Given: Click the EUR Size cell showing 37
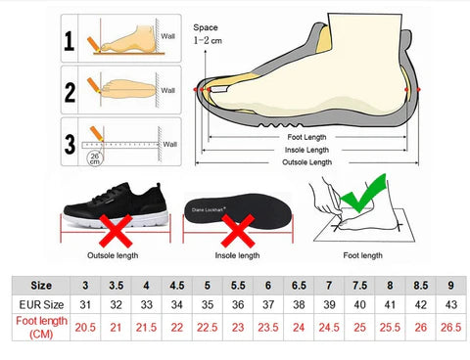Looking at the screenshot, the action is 268,304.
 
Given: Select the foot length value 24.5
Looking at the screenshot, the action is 329,328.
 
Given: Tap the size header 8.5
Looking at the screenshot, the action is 420,286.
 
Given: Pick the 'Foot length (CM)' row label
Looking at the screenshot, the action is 41,328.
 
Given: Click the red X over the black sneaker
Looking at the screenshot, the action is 116,231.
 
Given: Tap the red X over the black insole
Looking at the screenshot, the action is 238,231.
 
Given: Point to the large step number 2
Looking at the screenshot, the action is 70,92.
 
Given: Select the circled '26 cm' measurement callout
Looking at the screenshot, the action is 95,158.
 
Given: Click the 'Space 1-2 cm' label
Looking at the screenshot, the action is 208,34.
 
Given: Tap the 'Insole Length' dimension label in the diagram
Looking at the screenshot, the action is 306,150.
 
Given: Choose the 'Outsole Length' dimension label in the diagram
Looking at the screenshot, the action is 306,162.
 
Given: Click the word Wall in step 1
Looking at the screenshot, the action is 167,36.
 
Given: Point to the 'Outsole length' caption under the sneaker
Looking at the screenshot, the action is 113,255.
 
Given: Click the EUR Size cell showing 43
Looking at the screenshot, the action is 451,304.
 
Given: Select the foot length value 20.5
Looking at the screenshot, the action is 85,328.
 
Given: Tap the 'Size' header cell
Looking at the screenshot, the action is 41,286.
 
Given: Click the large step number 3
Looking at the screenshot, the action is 70,144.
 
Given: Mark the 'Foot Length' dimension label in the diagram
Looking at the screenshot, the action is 306,137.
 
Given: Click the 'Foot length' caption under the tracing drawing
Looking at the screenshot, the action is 362,255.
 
